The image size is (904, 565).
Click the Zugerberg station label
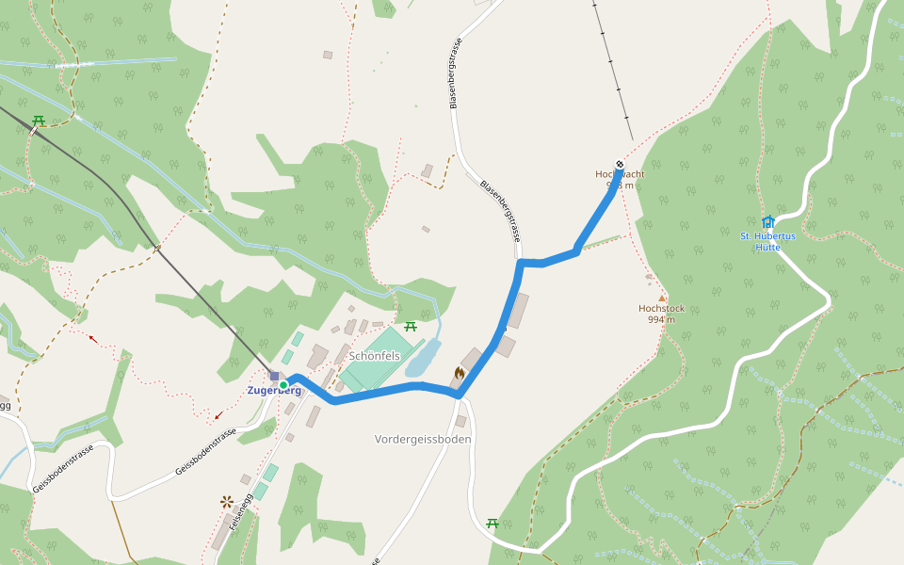click(x=274, y=391)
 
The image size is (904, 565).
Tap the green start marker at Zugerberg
click(x=283, y=384)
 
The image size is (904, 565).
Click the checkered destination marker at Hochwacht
click(x=620, y=165)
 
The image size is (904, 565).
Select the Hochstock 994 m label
click(x=661, y=314)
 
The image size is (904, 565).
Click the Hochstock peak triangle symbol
click(x=661, y=298)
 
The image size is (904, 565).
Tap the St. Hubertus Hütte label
click(x=767, y=241)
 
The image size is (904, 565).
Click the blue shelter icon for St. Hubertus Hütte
click(x=767, y=222)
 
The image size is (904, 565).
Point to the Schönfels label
click(x=375, y=356)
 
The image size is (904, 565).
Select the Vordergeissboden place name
click(x=423, y=439)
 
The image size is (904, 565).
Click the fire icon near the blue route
click(x=459, y=373)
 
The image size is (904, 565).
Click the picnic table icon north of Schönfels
click(x=411, y=327)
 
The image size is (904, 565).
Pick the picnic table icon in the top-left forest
click(x=39, y=121)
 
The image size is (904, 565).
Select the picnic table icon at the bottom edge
click(x=492, y=523)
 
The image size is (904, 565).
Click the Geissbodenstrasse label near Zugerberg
click(x=205, y=452)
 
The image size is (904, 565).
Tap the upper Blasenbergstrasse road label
click(x=455, y=73)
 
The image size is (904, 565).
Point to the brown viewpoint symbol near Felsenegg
click(x=227, y=502)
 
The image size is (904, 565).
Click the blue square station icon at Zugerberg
click(x=274, y=376)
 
